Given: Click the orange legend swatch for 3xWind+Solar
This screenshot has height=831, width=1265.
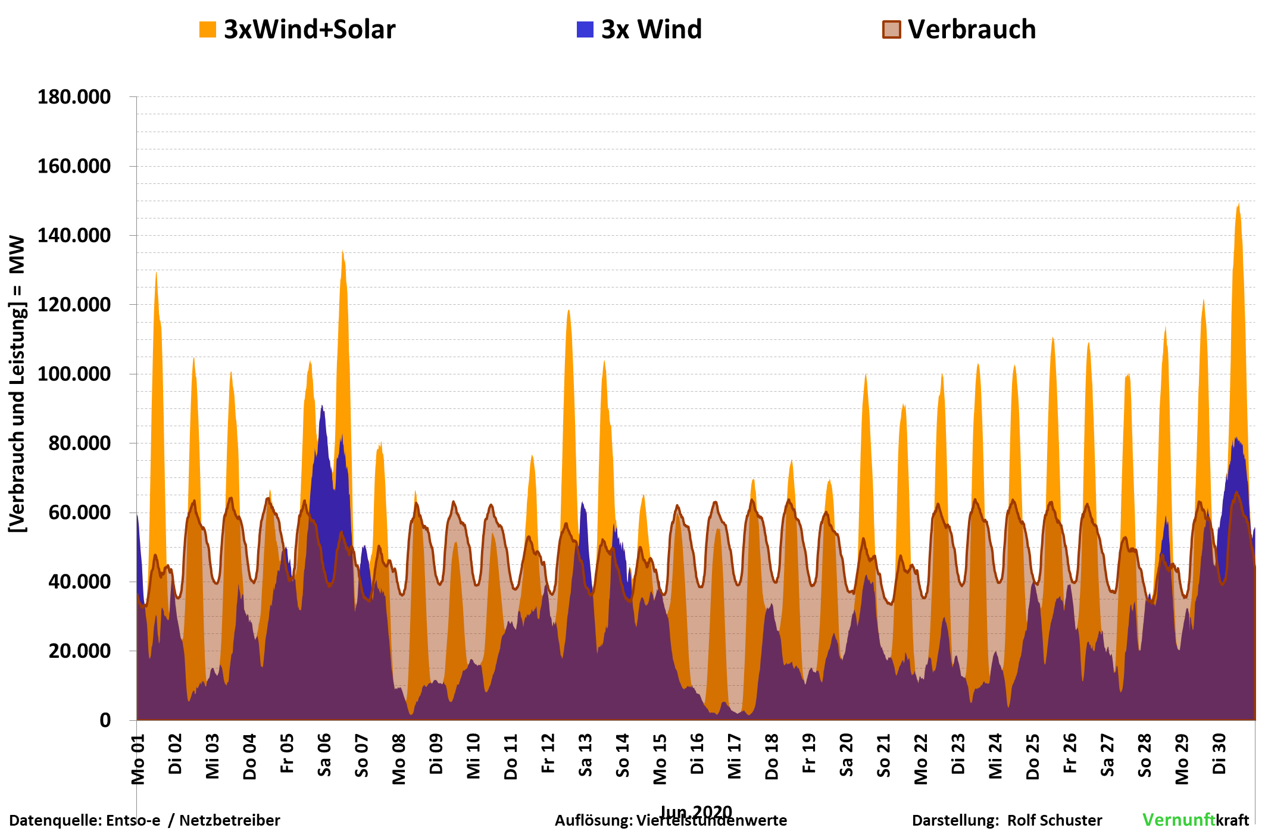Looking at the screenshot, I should [207, 30].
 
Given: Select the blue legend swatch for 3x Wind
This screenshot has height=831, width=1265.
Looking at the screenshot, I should [585, 30].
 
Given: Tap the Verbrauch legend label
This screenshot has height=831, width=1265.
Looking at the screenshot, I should [972, 30].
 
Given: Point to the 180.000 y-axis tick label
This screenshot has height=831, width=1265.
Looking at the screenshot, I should [74, 97].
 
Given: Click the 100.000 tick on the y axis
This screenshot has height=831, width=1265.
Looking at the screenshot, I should [74, 374].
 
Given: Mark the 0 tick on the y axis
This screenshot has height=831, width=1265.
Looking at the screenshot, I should [105, 721].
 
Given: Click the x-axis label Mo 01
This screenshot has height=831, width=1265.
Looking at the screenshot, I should [138, 760].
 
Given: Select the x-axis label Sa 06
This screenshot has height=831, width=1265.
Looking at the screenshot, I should [324, 755].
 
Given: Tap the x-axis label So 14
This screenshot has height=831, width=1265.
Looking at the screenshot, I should [623, 755].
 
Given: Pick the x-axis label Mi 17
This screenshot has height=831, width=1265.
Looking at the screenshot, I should [735, 756].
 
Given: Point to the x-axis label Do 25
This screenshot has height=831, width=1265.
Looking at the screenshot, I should [1033, 756].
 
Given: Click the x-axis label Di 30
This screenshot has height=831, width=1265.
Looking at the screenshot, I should [1219, 754].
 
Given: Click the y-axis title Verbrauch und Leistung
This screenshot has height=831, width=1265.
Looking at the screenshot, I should [18, 384].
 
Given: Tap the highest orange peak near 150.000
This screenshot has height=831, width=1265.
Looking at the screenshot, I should [1238, 205].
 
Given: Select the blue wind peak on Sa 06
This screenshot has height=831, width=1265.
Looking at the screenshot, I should [322, 407].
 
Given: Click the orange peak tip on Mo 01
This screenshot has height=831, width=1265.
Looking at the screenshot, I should [156, 273].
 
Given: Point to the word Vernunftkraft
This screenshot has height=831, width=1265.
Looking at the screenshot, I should [1195, 820].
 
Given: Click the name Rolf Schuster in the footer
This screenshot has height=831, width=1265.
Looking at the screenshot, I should [1054, 820].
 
